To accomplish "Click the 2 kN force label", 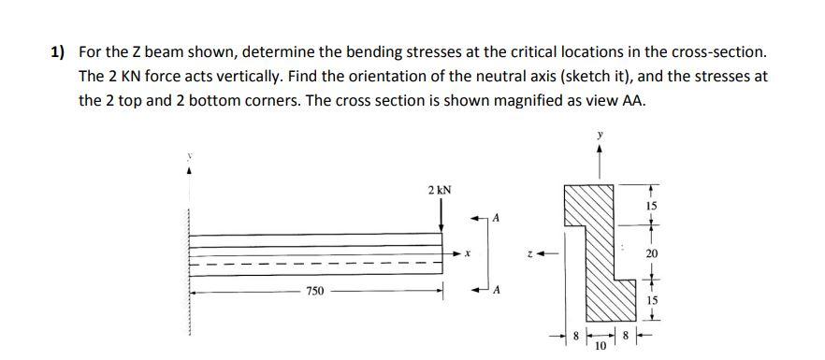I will [440, 190].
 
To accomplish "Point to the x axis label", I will [466, 253].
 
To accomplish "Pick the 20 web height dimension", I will [651, 254].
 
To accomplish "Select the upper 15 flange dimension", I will [651, 204].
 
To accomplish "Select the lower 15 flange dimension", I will [651, 301].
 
